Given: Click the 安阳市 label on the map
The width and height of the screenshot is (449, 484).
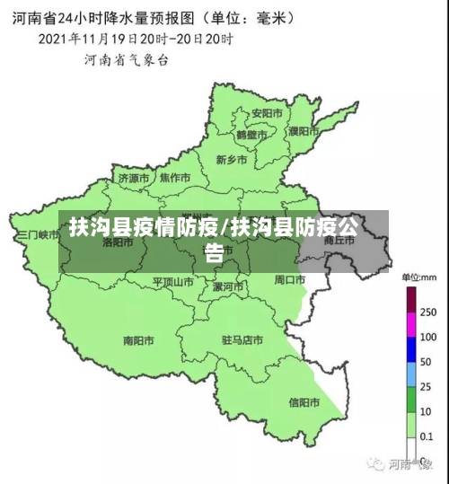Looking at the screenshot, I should click(x=267, y=113).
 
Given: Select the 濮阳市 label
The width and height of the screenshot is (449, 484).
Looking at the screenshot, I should click(x=304, y=131).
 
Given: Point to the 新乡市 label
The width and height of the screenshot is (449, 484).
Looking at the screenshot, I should click(x=232, y=160).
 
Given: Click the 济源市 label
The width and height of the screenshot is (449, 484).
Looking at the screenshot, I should click(x=134, y=178).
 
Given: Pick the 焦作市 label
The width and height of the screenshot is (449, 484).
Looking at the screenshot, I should click(x=175, y=177).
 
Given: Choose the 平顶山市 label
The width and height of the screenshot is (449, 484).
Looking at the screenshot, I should click(x=172, y=281).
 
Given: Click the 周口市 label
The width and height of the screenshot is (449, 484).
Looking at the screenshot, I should click(x=290, y=279).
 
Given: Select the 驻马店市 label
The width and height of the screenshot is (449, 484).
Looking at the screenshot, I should click(x=242, y=340).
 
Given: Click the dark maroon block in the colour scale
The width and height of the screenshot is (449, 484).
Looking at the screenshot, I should click(x=412, y=298).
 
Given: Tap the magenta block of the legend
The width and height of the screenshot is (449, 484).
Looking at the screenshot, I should click(x=412, y=323).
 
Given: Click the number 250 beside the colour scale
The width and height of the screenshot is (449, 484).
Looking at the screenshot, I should click(x=429, y=312).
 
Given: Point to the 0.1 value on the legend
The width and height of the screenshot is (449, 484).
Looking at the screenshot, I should click(x=427, y=436).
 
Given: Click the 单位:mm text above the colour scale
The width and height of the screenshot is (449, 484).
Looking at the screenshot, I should click(x=418, y=277).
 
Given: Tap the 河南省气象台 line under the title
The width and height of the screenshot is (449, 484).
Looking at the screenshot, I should click(x=127, y=60).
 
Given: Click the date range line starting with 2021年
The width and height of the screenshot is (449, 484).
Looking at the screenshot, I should click(x=134, y=40).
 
